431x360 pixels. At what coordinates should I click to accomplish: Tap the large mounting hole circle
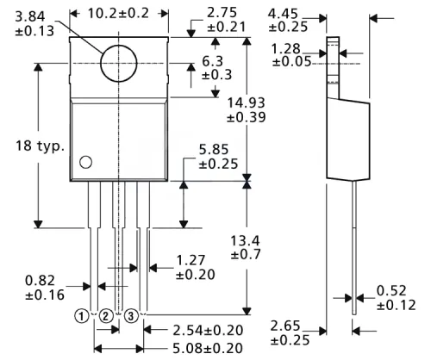coord(118,63)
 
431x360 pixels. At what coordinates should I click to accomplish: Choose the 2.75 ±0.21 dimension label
coord(225,20)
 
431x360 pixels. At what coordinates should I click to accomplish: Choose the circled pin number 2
coord(105,315)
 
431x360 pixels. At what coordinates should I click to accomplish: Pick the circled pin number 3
coord(132,315)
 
